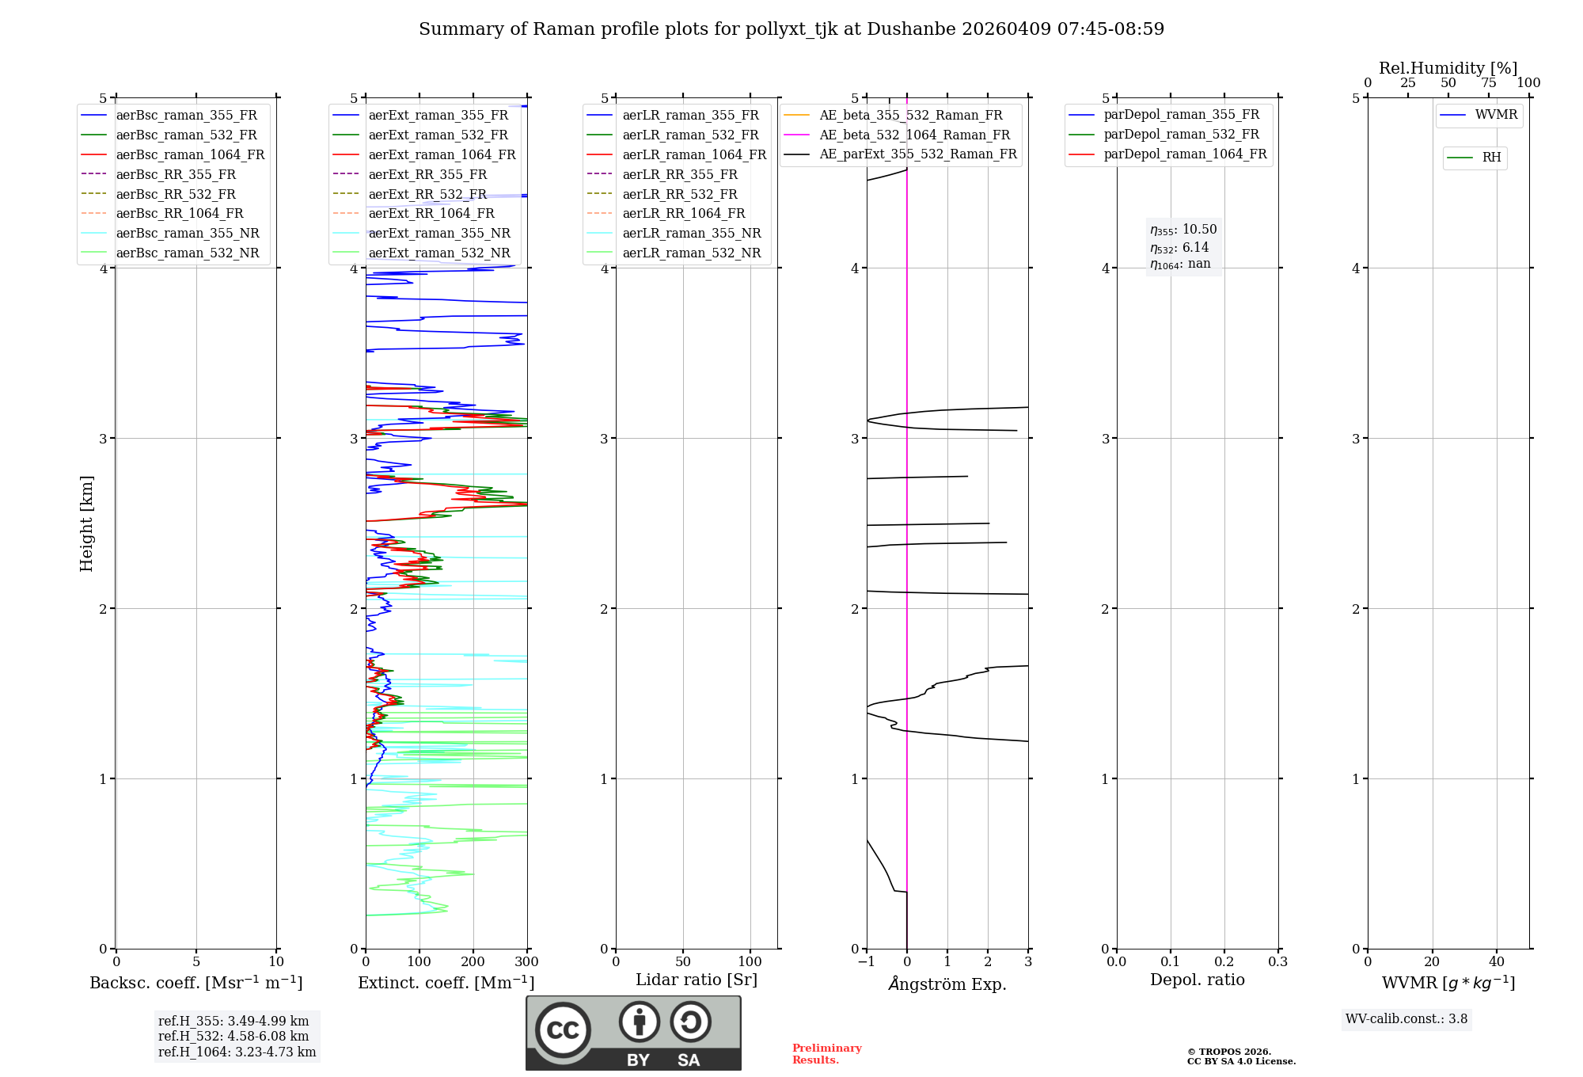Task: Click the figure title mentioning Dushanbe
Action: click(791, 29)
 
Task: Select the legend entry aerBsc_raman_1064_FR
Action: click(190, 155)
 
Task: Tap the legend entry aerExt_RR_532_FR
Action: click(427, 194)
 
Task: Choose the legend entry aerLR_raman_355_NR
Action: click(691, 234)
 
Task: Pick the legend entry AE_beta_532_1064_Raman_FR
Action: click(914, 135)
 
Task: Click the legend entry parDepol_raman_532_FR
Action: click(1181, 135)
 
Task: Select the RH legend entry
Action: click(1491, 158)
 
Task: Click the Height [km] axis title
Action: click(86, 523)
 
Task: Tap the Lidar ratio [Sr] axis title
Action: click(697, 980)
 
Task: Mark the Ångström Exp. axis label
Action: click(947, 984)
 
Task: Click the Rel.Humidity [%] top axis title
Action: click(1448, 68)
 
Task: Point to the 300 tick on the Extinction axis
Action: click(526, 962)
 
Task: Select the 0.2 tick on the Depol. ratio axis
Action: click(1224, 962)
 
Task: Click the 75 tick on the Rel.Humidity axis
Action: click(1488, 83)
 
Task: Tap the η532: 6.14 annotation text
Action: click(1179, 248)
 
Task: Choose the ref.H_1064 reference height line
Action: click(237, 1052)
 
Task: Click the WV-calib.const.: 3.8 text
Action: click(1406, 1019)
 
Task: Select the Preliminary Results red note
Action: click(826, 1054)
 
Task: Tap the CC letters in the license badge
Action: click(563, 1030)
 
